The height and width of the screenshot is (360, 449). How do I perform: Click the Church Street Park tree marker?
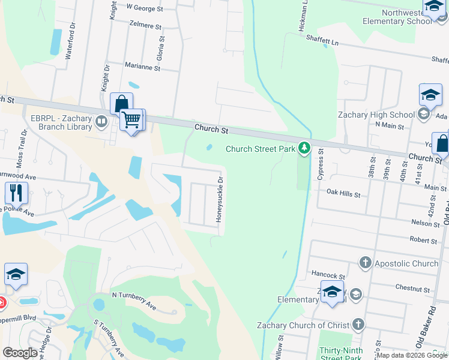pyautogui.click(x=304, y=148)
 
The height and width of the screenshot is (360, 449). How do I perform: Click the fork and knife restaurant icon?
pyautogui.click(x=16, y=193)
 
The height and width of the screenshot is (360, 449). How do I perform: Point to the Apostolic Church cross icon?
pyautogui.click(x=365, y=263)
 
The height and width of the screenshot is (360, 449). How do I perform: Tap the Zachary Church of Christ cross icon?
pyautogui.click(x=358, y=325)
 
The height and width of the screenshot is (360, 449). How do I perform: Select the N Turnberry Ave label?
pyautogui.click(x=134, y=301)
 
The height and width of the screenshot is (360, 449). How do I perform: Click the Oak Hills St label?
pyautogui.click(x=343, y=194)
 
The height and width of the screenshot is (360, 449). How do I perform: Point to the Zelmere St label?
pyautogui.click(x=146, y=26)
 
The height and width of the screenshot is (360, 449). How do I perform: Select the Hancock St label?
pyautogui.click(x=328, y=274)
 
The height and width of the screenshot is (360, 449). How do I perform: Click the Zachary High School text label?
pyautogui.click(x=376, y=115)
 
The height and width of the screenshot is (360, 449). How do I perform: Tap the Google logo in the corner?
pyautogui.click(x=20, y=353)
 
